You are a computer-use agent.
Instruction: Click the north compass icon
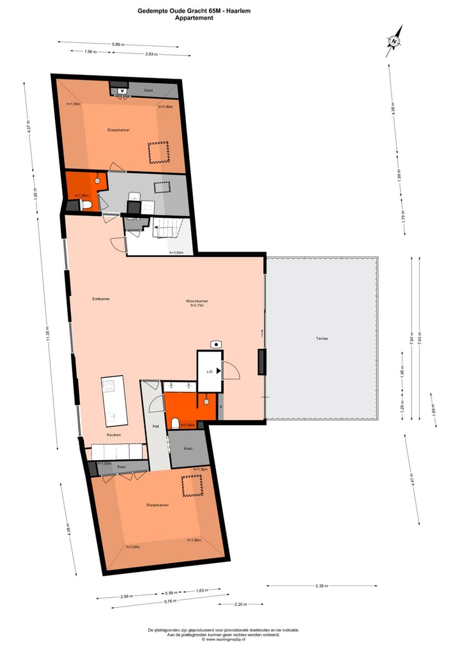tap(394, 41)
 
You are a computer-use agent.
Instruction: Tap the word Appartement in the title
tap(194, 19)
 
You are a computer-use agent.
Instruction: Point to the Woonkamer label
tap(197, 301)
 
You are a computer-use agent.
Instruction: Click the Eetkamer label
tap(101, 298)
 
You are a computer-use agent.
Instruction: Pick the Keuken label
tap(114, 435)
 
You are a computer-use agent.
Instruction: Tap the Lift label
tap(209, 371)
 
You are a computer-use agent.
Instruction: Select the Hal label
tap(155, 426)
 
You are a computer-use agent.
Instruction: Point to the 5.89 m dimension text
tap(118, 45)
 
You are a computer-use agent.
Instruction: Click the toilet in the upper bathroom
tap(87, 205)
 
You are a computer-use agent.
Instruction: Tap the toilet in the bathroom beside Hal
tap(174, 423)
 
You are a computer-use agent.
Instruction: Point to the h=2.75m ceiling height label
tap(197, 306)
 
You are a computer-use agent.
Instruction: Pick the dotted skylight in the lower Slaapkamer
tap(191, 486)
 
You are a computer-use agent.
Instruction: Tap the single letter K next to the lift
tap(221, 406)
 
